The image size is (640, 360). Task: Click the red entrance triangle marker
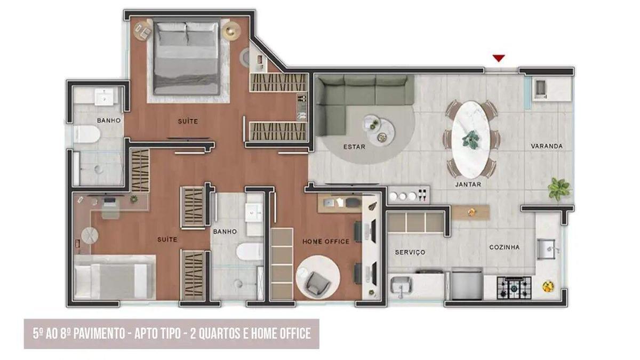(x=499, y=58)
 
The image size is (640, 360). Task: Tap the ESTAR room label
(x=354, y=147)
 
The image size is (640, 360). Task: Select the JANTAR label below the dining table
(x=468, y=185)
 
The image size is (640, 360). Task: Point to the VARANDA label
(x=547, y=146)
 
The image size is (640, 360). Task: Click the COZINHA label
(x=504, y=247)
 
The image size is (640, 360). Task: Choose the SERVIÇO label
(x=410, y=252)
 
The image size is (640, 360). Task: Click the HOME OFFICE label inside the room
(x=326, y=242)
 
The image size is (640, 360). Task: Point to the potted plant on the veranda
(x=559, y=188)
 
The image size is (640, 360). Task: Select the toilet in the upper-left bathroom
(x=86, y=134)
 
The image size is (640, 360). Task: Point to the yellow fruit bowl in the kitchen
(x=548, y=286)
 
